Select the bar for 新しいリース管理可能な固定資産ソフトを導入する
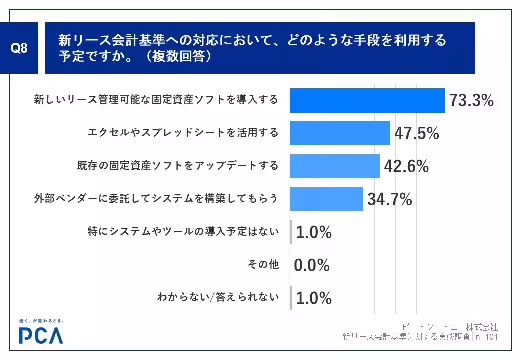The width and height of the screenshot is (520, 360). pos(367,100)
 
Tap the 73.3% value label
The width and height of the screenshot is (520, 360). pos(471,101)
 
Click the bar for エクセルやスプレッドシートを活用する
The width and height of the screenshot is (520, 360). pos(340,133)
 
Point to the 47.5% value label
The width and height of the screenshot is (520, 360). pos(416,133)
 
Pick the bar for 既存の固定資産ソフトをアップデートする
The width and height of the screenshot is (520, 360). pos(334,166)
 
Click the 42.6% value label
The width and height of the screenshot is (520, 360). pos(406,166)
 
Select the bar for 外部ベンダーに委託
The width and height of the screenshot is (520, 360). pos(326,199)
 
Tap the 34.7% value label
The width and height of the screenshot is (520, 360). pos(389,199)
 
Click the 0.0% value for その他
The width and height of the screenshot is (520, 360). pos(312,265)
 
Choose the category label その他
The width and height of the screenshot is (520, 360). pos(263,265)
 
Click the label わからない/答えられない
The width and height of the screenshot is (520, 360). pos(218,298)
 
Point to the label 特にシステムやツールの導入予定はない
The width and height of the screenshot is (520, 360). pos(182,232)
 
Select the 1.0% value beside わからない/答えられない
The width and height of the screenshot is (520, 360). pos(314,298)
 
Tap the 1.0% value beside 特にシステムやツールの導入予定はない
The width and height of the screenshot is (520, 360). pos(314,232)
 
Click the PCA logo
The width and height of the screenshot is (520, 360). pos(41,335)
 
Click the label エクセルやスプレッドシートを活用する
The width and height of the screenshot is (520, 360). pos(183,133)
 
